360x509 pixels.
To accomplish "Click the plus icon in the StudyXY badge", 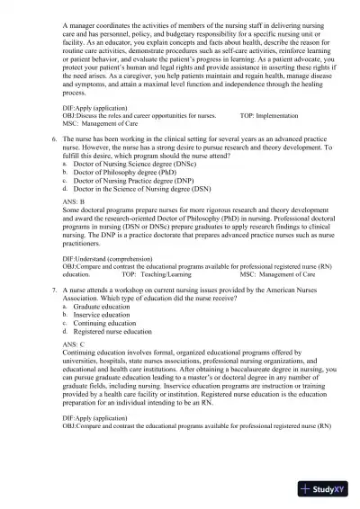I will tap(308, 491).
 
